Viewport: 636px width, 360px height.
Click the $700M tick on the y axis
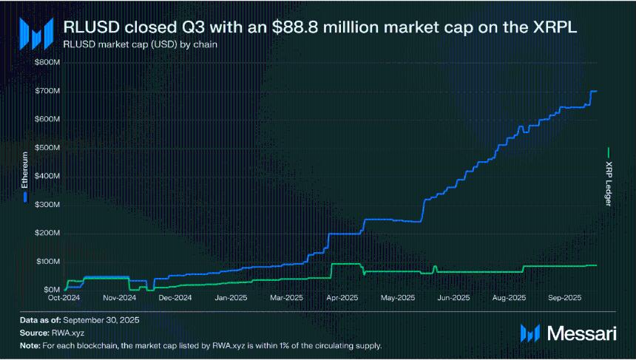[47, 90]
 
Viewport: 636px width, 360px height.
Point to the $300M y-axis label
[47, 204]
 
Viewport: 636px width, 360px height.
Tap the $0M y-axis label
[50, 290]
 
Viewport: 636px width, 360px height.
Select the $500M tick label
[47, 147]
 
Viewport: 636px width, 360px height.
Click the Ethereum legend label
[25, 172]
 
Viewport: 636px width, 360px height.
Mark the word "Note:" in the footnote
[30, 345]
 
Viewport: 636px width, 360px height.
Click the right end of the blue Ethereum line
[596, 91]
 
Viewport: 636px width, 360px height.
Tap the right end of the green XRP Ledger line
[596, 265]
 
